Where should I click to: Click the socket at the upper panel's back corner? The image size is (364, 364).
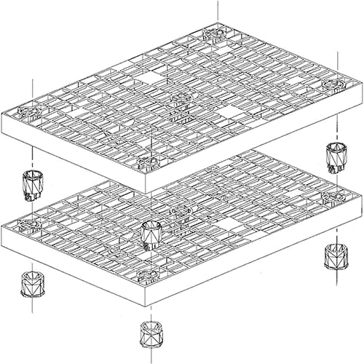pyautogui.click(x=217, y=33)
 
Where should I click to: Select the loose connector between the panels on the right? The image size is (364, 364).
pyautogui.click(x=336, y=156)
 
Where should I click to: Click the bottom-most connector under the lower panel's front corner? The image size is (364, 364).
pyautogui.click(x=151, y=335)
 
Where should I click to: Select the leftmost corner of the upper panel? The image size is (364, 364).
pyautogui.click(x=2, y=116)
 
